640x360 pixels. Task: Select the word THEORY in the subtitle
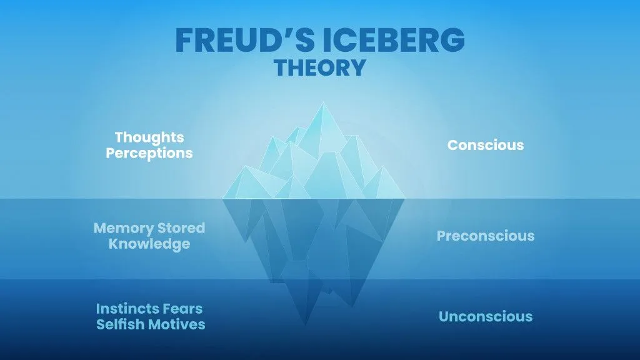click(x=319, y=67)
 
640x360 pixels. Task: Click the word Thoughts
click(x=149, y=137)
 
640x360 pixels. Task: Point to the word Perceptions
click(x=149, y=152)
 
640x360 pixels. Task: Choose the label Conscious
click(x=486, y=145)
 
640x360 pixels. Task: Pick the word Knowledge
click(x=149, y=244)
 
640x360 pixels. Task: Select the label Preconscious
click(x=486, y=236)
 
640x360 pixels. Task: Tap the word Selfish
click(x=121, y=324)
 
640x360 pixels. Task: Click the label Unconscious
click(x=486, y=316)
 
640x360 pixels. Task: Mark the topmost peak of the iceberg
click(x=323, y=103)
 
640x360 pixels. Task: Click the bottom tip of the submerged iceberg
click(x=305, y=324)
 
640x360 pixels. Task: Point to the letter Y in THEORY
click(x=357, y=67)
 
